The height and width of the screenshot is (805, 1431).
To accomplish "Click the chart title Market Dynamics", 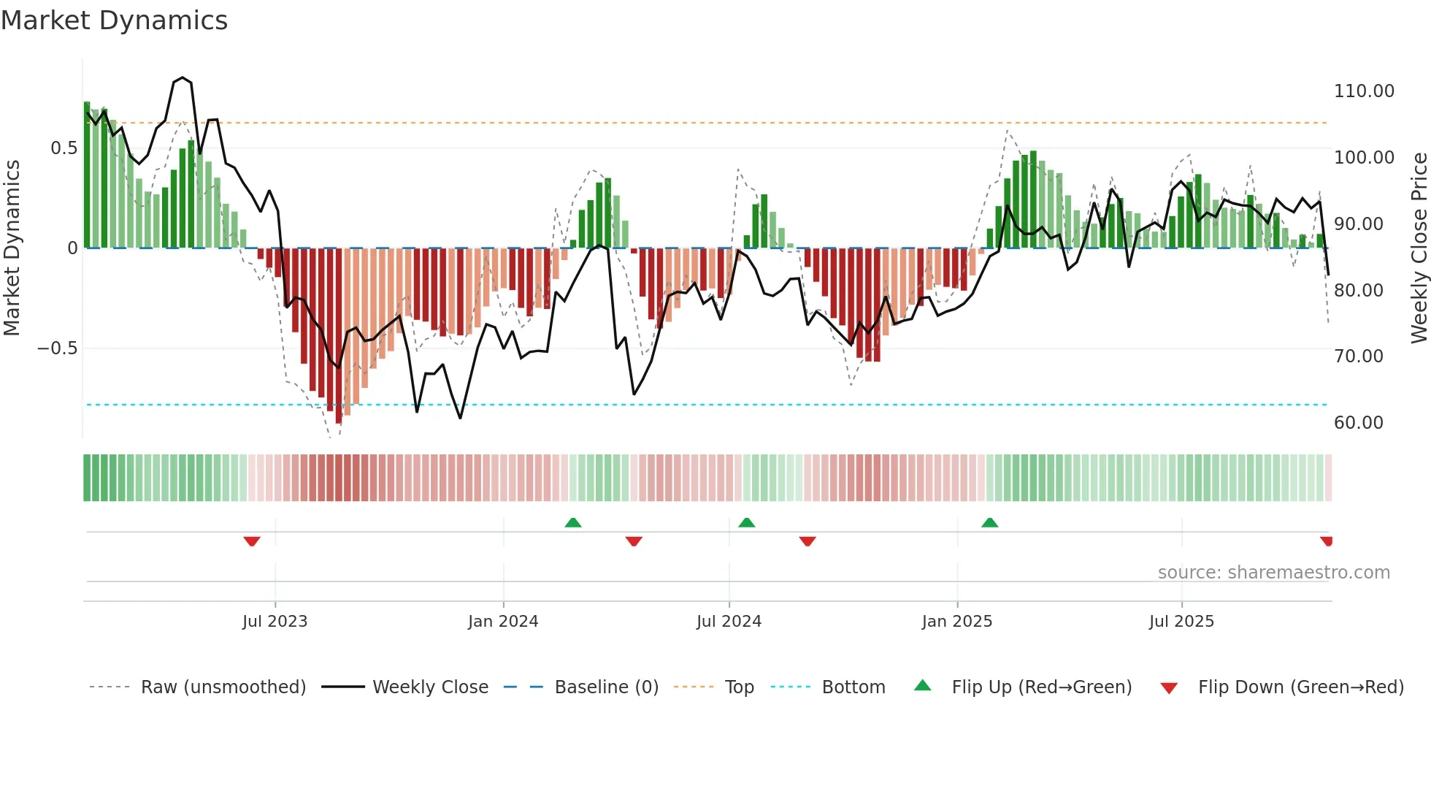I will (114, 20).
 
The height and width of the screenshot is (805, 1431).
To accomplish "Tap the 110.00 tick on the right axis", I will (1363, 91).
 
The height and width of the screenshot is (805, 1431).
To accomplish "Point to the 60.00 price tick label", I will (1358, 423).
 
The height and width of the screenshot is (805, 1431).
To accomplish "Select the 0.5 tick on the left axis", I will (64, 148).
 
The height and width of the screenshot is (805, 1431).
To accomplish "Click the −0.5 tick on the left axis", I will (58, 348).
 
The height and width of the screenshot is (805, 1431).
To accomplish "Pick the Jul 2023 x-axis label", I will (275, 622).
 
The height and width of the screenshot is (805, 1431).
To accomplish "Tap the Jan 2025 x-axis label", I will (956, 622).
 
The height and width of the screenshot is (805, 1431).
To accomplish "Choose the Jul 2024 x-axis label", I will (729, 622).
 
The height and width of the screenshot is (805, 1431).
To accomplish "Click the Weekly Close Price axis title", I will (1419, 248).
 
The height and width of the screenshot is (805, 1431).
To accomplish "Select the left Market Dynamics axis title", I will (12, 248).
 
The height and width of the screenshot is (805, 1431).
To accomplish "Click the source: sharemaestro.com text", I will (1273, 573).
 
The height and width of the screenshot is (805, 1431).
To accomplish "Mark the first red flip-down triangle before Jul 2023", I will (252, 541).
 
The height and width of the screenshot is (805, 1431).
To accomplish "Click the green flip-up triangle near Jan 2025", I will (989, 523).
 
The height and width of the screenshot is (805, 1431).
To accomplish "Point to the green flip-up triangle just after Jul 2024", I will (746, 523).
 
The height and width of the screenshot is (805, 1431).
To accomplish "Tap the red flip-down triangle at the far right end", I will (1327, 541).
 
